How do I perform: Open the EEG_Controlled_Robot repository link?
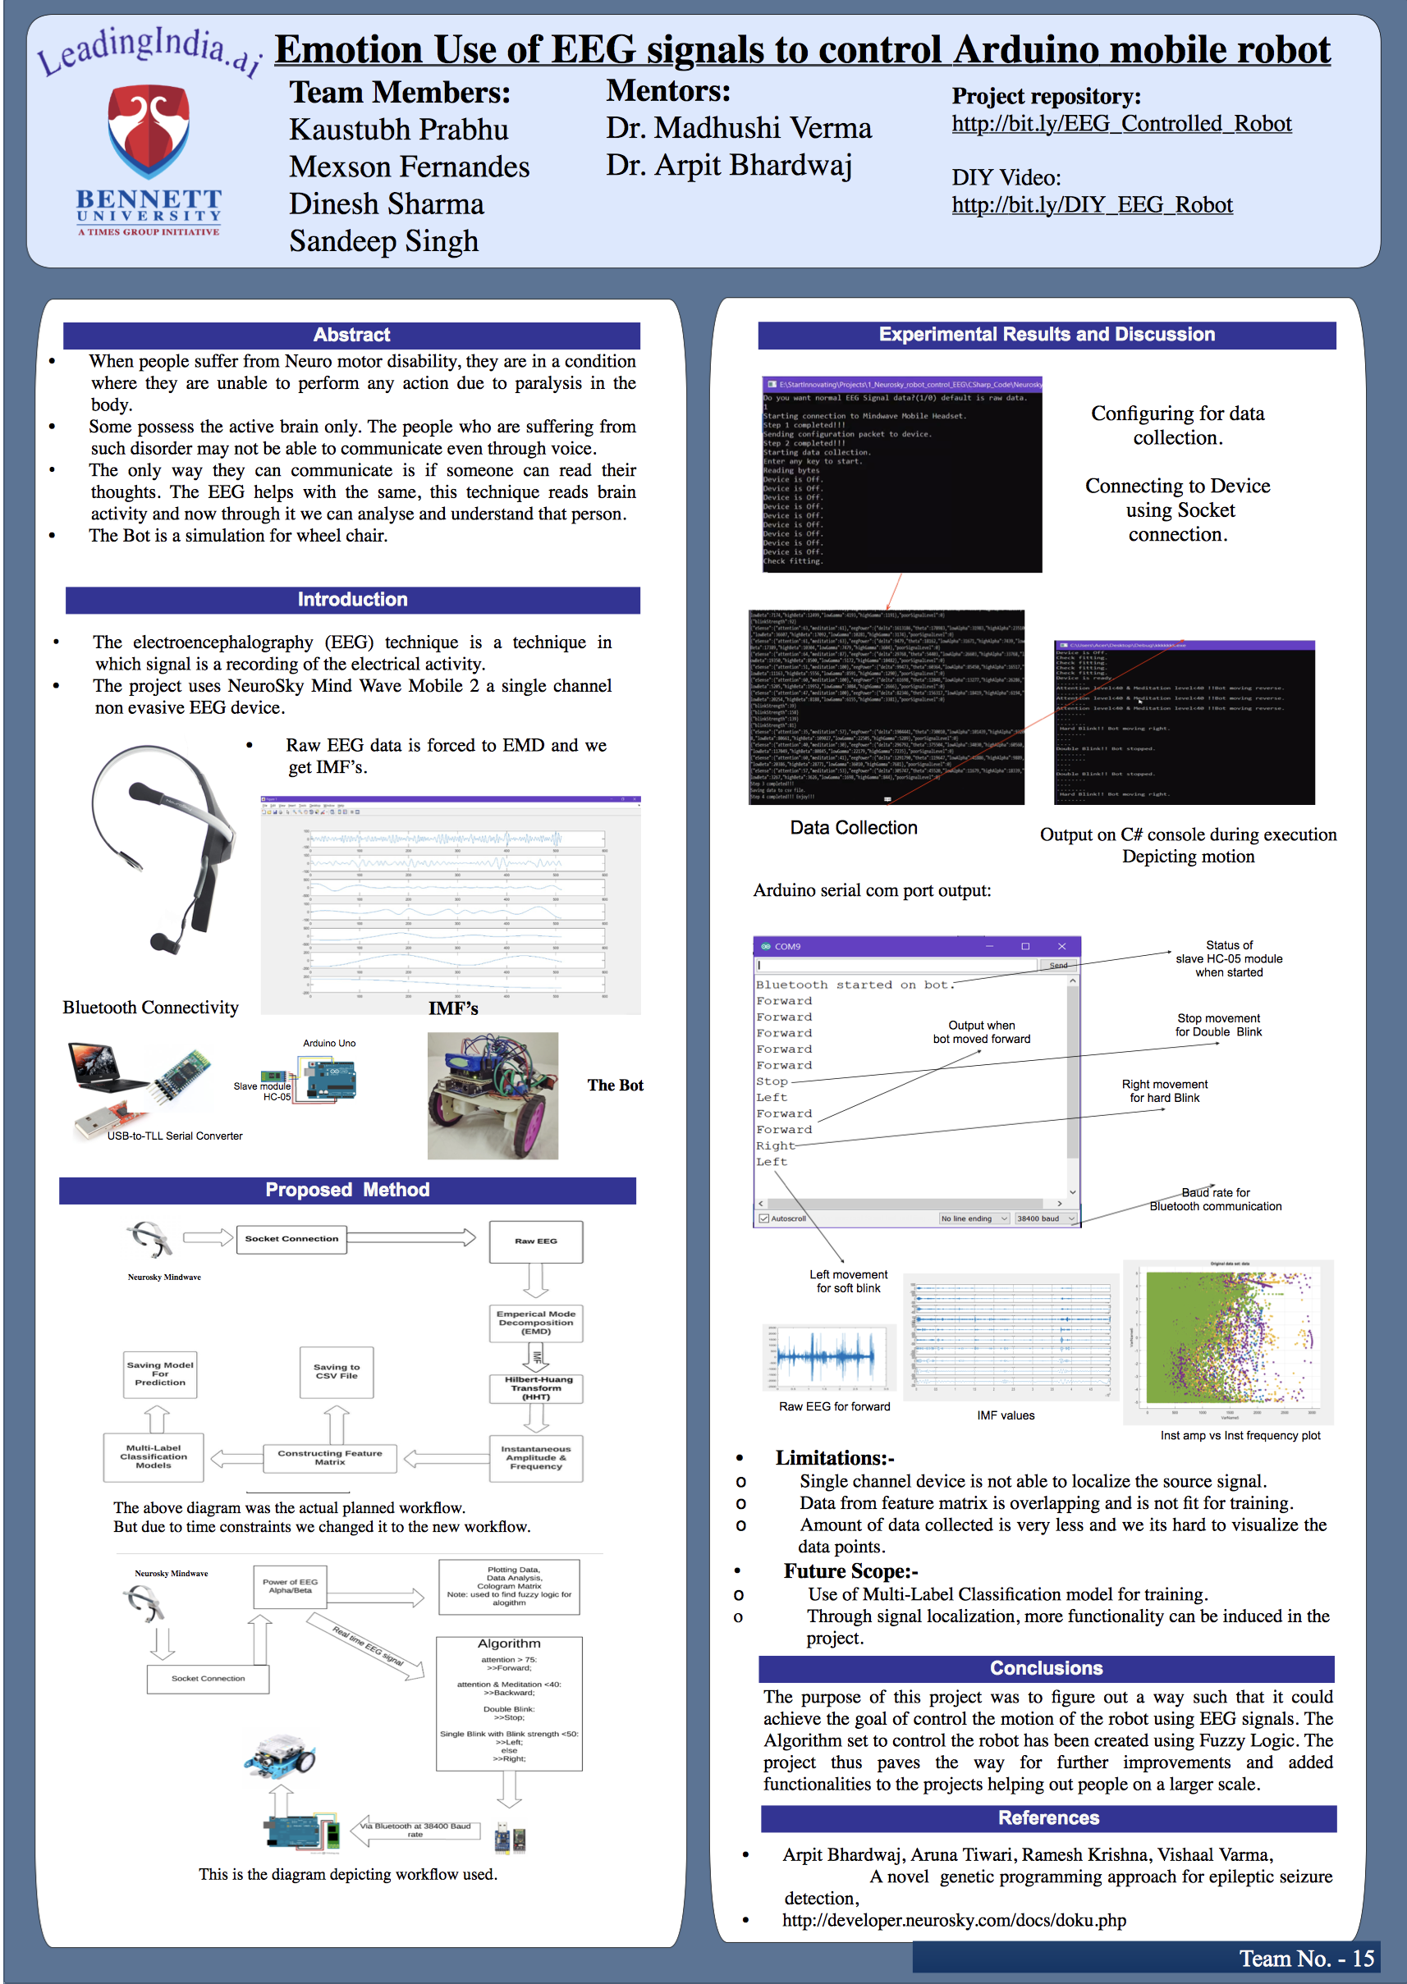coord(1121,124)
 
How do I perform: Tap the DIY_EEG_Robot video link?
coord(1092,205)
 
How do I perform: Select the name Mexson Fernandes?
coord(409,167)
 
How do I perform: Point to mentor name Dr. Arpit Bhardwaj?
coord(729,165)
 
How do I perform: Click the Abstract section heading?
coord(351,335)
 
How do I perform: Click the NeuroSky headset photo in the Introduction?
coord(162,848)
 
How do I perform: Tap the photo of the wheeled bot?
coord(492,1095)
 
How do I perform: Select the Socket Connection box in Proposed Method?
coord(291,1239)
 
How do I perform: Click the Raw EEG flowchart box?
coord(535,1241)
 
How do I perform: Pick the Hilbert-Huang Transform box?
coord(535,1388)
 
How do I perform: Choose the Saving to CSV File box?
coord(337,1372)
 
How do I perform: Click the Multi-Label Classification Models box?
coord(154,1456)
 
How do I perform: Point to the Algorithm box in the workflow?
coord(509,1703)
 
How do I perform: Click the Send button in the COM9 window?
coord(1058,965)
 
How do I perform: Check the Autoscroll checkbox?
coord(764,1218)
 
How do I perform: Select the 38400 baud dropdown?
coord(1045,1218)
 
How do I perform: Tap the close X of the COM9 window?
coord(1061,947)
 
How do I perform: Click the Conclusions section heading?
coord(1046,1669)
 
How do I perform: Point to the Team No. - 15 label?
coord(1306,1959)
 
